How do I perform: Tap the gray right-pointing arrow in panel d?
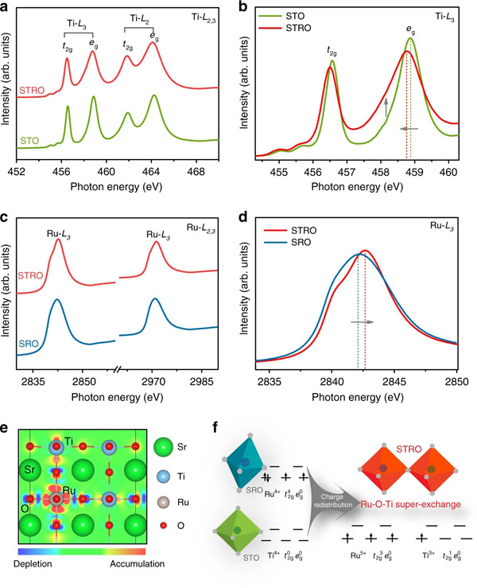click(363, 322)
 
